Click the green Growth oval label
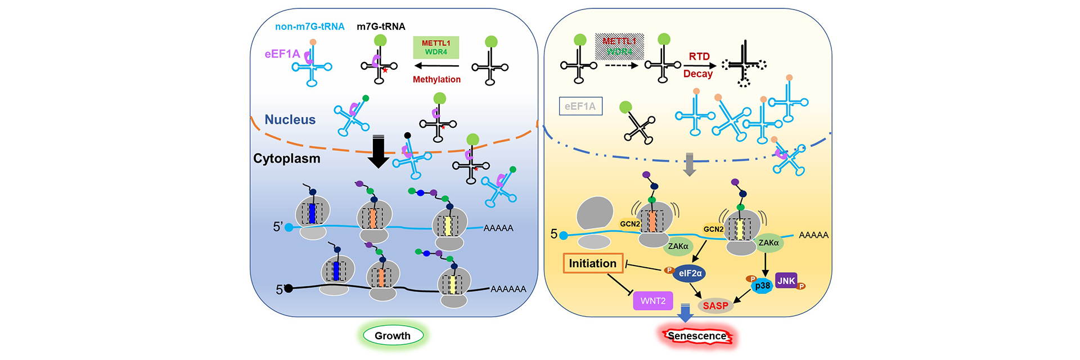393,336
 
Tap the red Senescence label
697,336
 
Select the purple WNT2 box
652,301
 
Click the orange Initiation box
592,263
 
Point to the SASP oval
715,305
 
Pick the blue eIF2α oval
690,273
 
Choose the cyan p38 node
762,286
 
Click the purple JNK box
786,281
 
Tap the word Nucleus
290,120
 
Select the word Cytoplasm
286,159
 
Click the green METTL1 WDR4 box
436,47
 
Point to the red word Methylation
436,80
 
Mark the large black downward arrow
378,152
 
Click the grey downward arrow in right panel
689,164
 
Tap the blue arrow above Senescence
685,313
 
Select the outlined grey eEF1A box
580,106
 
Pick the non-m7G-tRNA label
309,26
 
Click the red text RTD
699,56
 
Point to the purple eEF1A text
282,54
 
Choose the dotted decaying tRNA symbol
744,64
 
